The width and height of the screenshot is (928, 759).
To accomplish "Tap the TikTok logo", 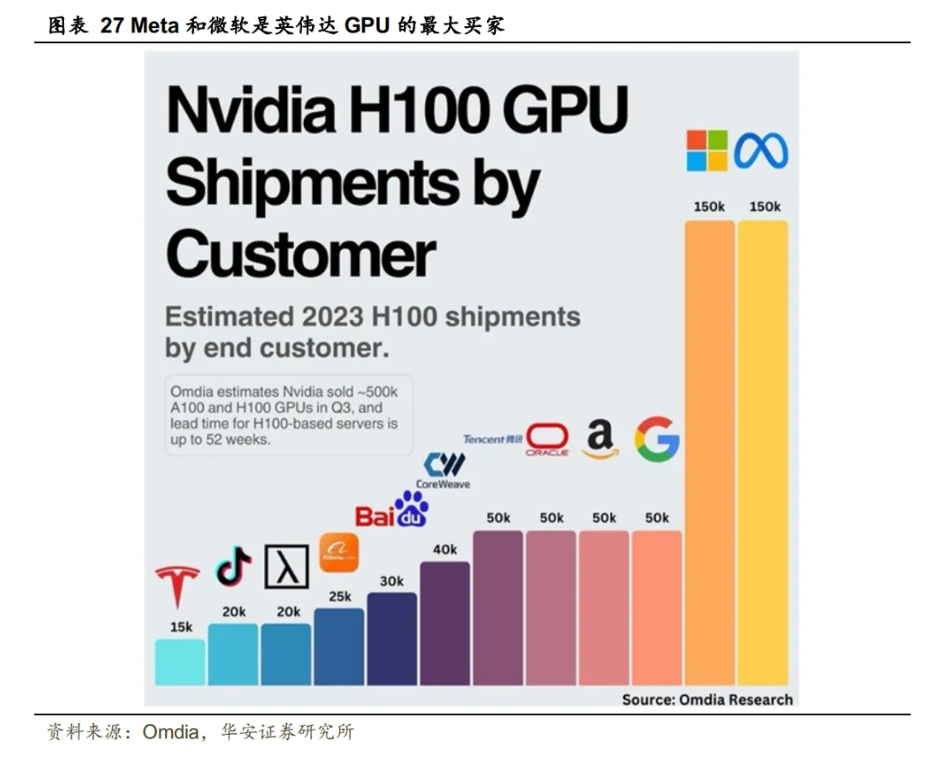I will pos(233,565).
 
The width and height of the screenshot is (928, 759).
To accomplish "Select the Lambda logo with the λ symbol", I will pos(286,566).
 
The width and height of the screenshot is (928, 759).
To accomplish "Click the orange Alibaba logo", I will pos(338,552).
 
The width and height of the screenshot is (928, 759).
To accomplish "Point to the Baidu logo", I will pos(390,511).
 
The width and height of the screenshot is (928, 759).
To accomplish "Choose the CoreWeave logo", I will pos(444,471).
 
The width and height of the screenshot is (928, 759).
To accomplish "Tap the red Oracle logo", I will pos(547,439).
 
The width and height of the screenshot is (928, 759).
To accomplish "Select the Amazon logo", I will pos(601,439).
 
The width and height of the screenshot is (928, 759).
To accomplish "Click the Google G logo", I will pos(656,439).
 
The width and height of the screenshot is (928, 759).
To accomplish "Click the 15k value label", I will pos(180,627).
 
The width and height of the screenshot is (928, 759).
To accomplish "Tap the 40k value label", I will pos(445,549).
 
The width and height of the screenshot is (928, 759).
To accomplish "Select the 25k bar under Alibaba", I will pos(339,646).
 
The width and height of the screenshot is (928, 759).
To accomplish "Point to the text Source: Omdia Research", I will pos(707,700).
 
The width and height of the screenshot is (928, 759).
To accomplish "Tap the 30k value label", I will pos(391,581).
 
